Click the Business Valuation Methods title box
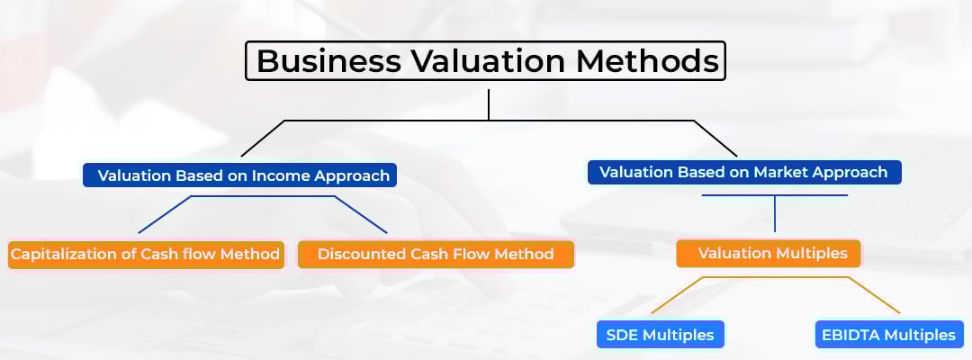coord(486,61)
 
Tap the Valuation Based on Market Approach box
coord(743,172)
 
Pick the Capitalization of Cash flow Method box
coord(146,254)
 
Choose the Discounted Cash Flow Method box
coord(436,254)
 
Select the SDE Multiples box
coord(661,335)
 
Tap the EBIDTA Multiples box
coord(887,335)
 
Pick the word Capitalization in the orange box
coord(61,254)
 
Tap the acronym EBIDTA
coord(850,335)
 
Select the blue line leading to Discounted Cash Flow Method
coord(360,216)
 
